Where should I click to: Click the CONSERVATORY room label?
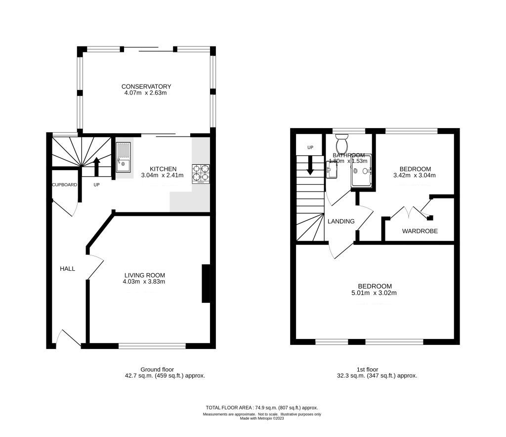(146, 87)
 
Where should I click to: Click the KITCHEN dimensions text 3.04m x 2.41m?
(162, 175)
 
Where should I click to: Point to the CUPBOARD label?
(65, 185)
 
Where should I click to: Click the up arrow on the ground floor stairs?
(96, 166)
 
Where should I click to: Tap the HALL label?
(67, 269)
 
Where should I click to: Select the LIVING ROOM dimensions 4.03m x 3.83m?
(144, 282)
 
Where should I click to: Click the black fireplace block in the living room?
(206, 283)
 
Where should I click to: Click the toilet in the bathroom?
(341, 144)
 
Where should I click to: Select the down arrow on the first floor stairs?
(310, 165)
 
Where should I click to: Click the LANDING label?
(341, 221)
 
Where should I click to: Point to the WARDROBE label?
(420, 231)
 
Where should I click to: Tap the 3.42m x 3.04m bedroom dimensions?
(414, 175)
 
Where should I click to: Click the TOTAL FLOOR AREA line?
(261, 407)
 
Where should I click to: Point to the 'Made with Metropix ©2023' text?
(261, 418)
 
